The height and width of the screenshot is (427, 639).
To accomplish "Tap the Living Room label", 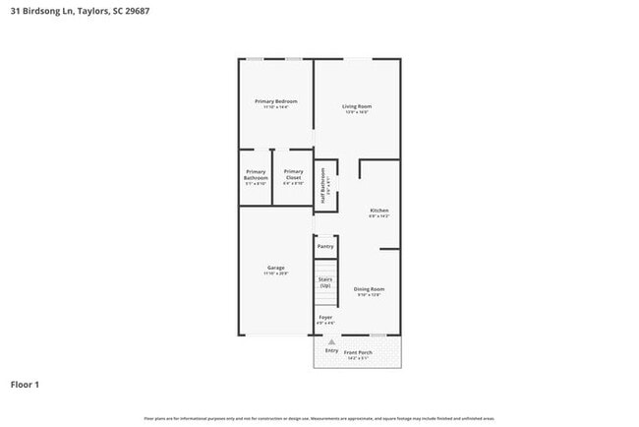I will [x=357, y=106].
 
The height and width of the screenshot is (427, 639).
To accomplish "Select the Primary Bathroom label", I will [x=256, y=174].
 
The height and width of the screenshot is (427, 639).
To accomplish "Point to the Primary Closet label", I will [x=293, y=174].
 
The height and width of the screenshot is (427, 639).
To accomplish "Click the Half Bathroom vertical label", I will [x=322, y=184].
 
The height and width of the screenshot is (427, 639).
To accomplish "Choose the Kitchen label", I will [x=379, y=211].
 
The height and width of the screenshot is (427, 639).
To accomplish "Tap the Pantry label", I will [x=324, y=246].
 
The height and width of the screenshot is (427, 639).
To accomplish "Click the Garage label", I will [x=276, y=268].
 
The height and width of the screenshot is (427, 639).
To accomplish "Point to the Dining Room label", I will [x=369, y=288].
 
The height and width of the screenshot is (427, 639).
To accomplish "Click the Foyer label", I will [x=324, y=318].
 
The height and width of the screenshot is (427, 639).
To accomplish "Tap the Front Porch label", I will [x=358, y=352].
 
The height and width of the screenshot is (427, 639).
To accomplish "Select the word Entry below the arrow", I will [x=331, y=351].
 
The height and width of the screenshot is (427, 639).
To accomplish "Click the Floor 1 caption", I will [x=25, y=385].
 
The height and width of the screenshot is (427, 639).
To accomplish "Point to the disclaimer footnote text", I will [x=319, y=419].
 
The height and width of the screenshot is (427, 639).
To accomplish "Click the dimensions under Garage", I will [x=276, y=274].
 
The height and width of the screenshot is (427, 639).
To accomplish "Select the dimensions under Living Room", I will [x=357, y=112].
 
